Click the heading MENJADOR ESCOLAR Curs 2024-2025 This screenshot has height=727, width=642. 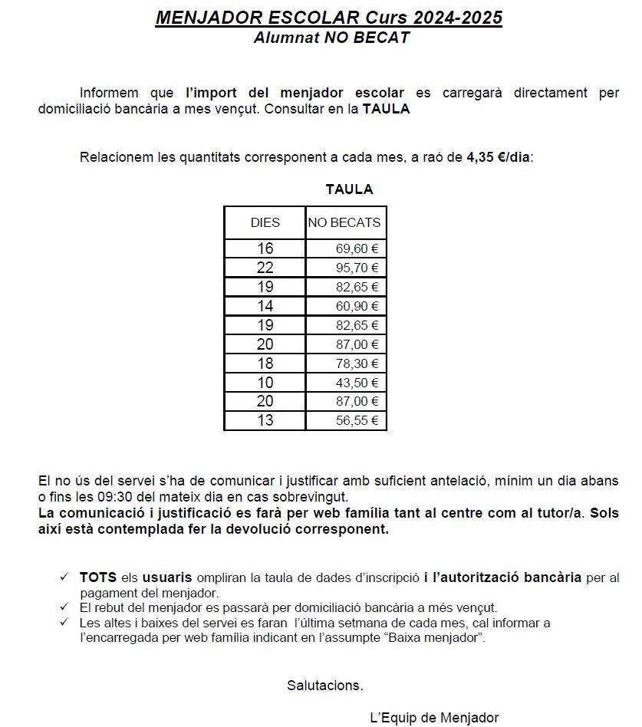point(328,18)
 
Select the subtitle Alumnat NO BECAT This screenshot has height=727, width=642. point(331,38)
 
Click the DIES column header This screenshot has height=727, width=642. point(265,223)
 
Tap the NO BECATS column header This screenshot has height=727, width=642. point(344,223)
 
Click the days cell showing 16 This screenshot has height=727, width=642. point(265,248)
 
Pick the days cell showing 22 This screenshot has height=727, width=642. point(265,268)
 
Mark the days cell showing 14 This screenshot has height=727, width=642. point(265,306)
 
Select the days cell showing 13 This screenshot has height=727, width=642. point(265,421)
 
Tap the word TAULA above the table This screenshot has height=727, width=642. point(349,189)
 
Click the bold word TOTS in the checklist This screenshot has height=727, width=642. point(97,577)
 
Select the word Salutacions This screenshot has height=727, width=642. point(325,685)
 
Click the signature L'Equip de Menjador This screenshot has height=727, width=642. point(434,718)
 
